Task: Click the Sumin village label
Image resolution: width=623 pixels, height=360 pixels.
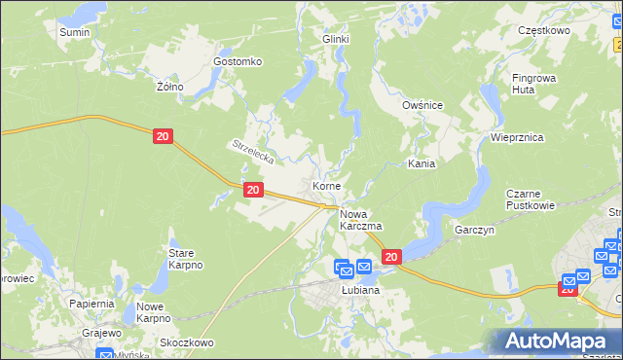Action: [74, 32]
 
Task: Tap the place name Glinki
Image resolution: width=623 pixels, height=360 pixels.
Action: [335, 39]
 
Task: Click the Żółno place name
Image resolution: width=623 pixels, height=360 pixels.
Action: [170, 86]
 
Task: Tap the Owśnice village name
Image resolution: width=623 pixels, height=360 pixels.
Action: [422, 104]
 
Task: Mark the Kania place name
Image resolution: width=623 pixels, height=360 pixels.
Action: [421, 164]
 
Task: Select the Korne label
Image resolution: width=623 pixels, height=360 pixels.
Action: [325, 185]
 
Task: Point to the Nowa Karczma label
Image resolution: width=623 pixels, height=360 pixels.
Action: [360, 220]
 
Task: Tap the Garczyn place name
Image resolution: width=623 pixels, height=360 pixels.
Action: [475, 231]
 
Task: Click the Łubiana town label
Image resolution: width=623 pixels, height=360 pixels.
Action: [359, 290]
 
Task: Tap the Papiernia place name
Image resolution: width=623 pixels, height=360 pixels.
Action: [92, 304]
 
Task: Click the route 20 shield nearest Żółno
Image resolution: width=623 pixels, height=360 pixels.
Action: [163, 138]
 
